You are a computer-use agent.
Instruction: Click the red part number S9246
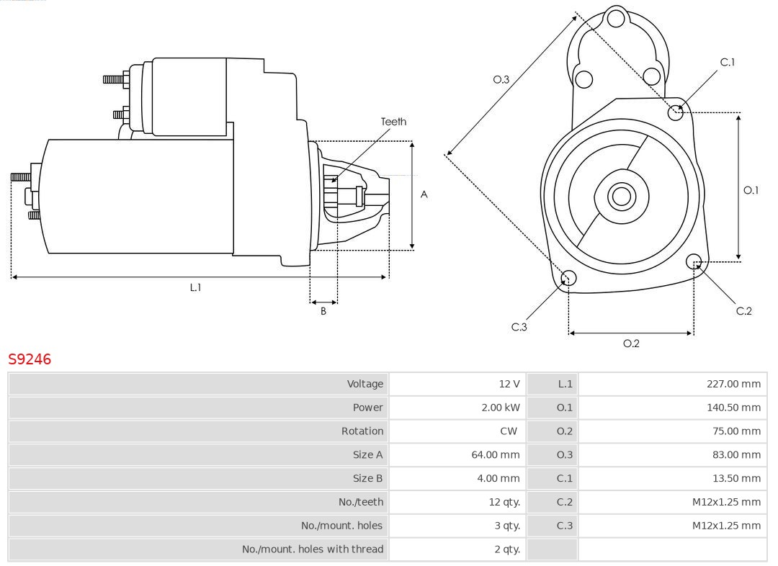pos(30,359)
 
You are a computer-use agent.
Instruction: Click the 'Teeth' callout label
pos(393,122)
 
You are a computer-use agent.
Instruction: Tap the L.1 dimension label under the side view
pos(195,287)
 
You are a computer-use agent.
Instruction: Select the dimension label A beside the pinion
pos(424,194)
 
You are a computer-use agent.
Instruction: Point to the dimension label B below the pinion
pos(323,312)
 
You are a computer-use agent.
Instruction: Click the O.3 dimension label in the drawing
pos(501,80)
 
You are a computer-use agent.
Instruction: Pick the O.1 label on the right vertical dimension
pos(751,190)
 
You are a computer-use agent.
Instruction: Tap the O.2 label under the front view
pos(631,343)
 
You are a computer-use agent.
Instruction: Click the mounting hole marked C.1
pos(676,112)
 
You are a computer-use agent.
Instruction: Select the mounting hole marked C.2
pos(694,261)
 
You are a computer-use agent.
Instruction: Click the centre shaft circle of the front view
pos(620,196)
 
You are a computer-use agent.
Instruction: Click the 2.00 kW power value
pos(500,408)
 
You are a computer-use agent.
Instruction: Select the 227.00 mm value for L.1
pos(733,385)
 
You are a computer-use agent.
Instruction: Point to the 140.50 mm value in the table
pos(733,408)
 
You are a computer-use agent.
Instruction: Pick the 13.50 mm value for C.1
pos(735,478)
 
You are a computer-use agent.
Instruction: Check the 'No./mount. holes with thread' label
pos(312,549)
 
